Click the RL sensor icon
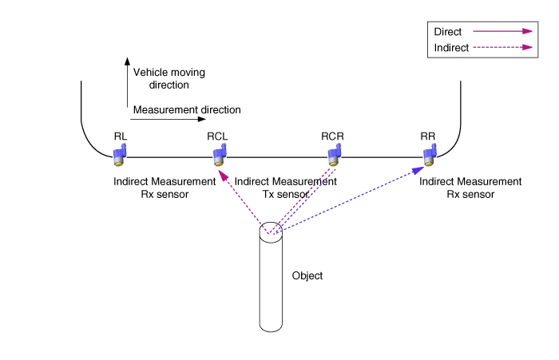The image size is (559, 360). pos(118,155)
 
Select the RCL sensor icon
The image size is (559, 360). pos(218,155)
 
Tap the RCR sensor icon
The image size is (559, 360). pos(333,155)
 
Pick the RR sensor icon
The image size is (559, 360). pos(429,155)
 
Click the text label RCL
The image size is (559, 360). pos(217,136)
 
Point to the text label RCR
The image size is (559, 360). pos(332,136)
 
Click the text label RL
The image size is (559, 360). pos(118,136)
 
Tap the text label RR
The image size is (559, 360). pos(428,136)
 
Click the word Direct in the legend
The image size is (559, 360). pos(448,31)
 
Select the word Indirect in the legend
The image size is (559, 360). pos(451,48)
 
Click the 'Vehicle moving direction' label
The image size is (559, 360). pos(168,78)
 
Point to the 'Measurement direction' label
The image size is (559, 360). pos(188,109)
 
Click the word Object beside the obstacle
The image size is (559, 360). pos(308,275)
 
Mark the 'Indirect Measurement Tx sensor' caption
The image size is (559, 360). pos(287,188)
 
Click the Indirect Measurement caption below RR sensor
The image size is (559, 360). pos(472,188)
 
